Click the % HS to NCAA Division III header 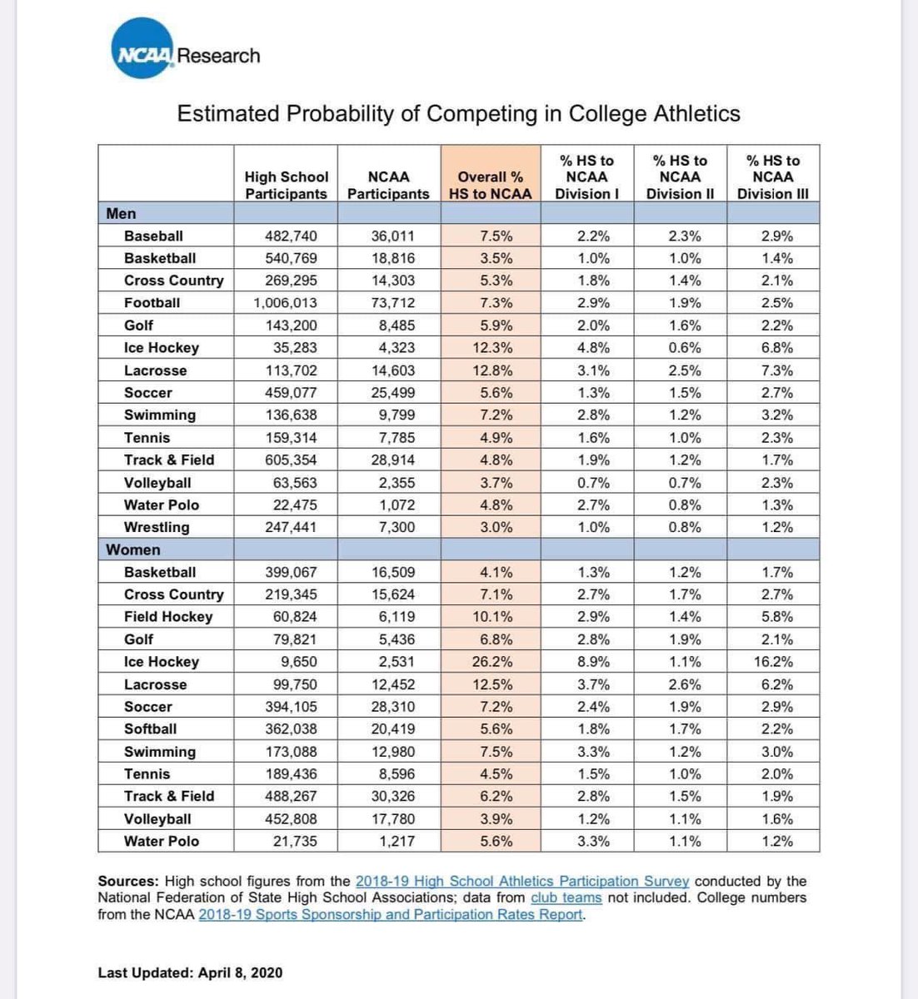[772, 176]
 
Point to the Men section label [122, 214]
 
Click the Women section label [133, 550]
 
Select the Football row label [152, 303]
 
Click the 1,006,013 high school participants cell [285, 303]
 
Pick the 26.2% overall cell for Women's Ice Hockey [496, 662]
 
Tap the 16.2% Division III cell [776, 662]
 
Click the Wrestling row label [157, 527]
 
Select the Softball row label [150, 729]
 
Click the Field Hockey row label [168, 617]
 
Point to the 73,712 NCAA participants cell [393, 303]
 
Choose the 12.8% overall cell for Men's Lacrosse [496, 370]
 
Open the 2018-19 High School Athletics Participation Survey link [522, 881]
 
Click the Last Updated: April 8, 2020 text [190, 972]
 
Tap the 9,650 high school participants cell [296, 662]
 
